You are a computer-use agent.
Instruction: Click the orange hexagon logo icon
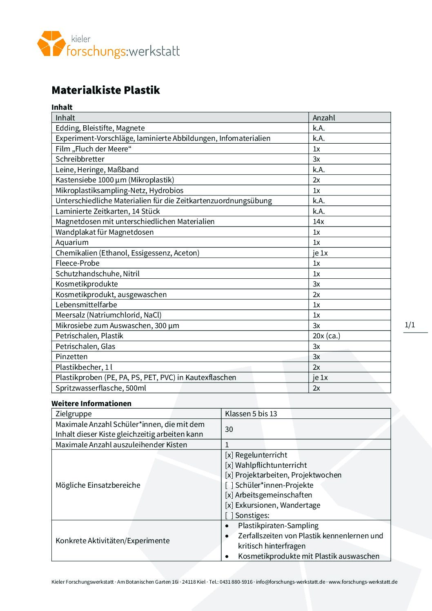pyautogui.click(x=51, y=43)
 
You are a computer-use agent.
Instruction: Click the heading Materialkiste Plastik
pyautogui.click(x=105, y=90)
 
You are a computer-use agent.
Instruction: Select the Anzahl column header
pyautogui.click(x=324, y=118)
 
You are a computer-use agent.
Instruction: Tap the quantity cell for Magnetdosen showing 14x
pyautogui.click(x=318, y=222)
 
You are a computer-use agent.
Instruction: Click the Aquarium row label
pyautogui.click(x=72, y=242)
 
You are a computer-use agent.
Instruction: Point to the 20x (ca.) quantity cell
pyautogui.click(x=326, y=336)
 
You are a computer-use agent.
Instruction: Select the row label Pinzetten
pyautogui.click(x=71, y=357)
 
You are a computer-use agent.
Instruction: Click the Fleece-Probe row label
pyautogui.click(x=78, y=263)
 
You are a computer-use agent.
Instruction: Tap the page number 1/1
pyautogui.click(x=410, y=325)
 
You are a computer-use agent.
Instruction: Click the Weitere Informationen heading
pyautogui.click(x=91, y=403)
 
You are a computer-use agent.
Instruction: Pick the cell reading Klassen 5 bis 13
pyautogui.click(x=251, y=414)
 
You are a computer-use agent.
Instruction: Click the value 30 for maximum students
pyautogui.click(x=229, y=429)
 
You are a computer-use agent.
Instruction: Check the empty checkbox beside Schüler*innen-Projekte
pyautogui.click(x=229, y=485)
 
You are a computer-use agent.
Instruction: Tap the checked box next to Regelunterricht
pyautogui.click(x=229, y=455)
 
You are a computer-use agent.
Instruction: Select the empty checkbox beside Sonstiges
pyautogui.click(x=229, y=515)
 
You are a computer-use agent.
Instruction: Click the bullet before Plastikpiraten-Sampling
pyautogui.click(x=227, y=526)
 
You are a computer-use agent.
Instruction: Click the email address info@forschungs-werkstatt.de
pyautogui.click(x=290, y=582)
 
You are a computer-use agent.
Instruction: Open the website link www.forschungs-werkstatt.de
pyautogui.click(x=363, y=582)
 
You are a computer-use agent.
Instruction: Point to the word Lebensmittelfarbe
pyautogui.click(x=86, y=305)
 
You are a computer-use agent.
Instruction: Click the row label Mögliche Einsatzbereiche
pyautogui.click(x=98, y=485)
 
